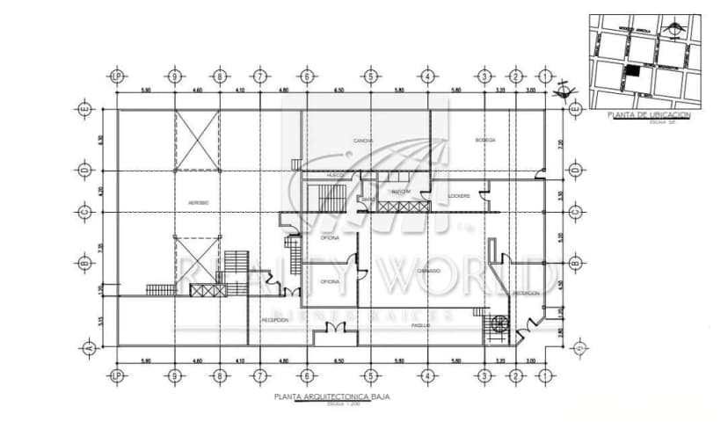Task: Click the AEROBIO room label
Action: tap(199, 203)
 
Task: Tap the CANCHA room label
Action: tap(363, 141)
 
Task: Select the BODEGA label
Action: tap(485, 140)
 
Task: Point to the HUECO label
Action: tap(335, 176)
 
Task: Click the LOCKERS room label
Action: tap(459, 195)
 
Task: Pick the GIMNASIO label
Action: tap(430, 272)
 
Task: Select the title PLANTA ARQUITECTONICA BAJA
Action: tap(331, 397)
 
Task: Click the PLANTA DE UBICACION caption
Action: tap(649, 115)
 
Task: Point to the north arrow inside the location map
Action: tap(674, 26)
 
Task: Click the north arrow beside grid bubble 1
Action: tap(564, 87)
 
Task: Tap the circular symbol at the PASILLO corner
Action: tap(499, 323)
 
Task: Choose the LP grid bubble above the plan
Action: tap(117, 76)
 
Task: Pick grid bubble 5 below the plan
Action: tap(371, 376)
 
